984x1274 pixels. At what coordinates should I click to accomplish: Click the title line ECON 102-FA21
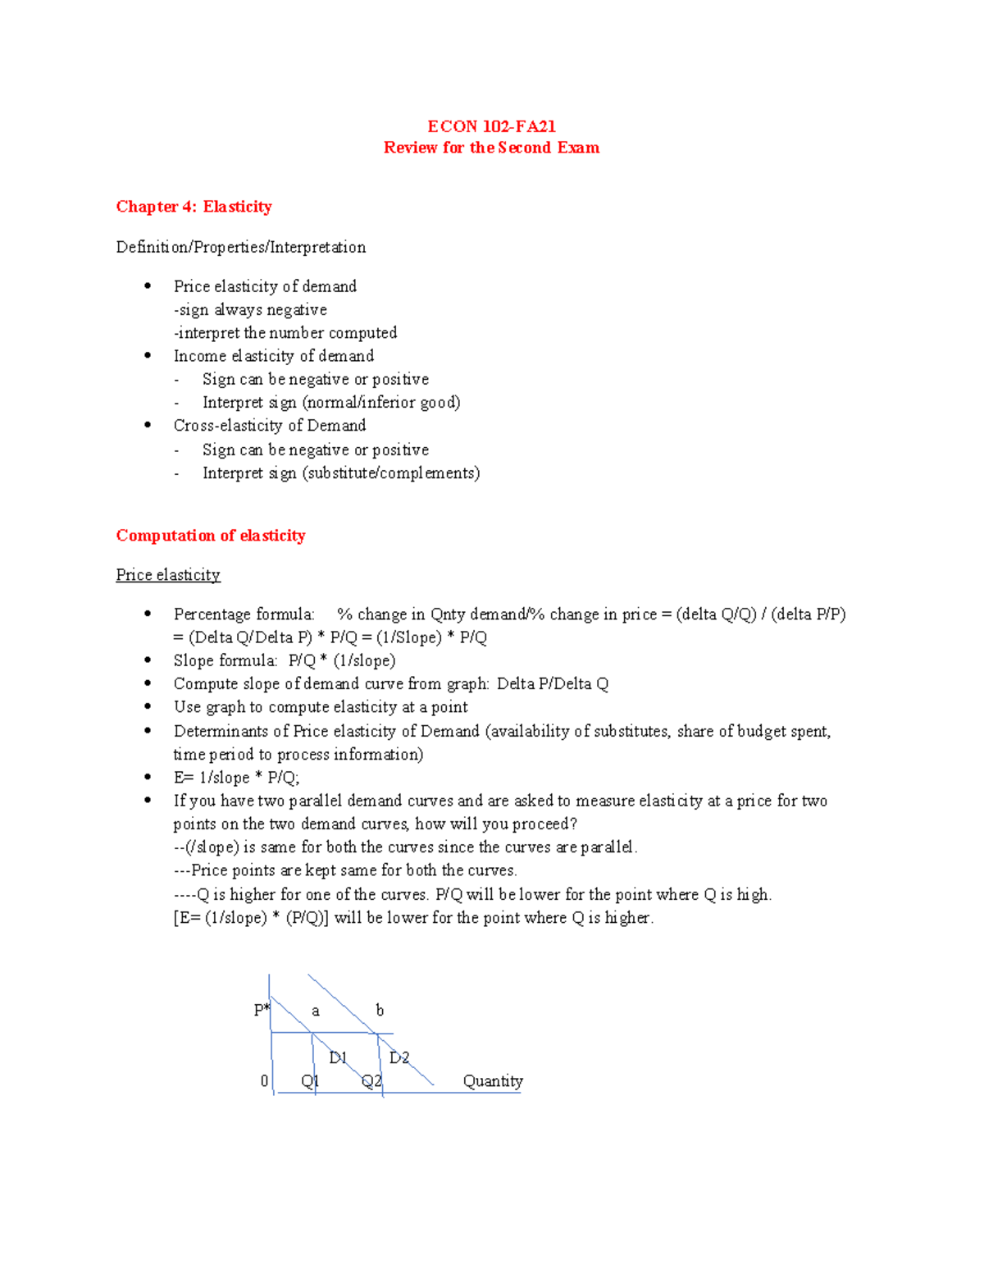pos(491,126)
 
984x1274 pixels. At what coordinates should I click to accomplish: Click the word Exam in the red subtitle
pos(578,148)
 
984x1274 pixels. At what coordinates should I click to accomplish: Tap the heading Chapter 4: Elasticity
pos(194,207)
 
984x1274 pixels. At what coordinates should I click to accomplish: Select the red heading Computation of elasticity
pos(211,536)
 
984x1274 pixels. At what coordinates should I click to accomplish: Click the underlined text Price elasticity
pos(168,575)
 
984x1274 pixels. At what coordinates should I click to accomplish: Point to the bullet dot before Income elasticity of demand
pos(148,355)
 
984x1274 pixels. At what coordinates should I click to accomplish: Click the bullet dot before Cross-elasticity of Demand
pos(148,425)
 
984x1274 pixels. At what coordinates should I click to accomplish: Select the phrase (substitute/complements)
pos(391,473)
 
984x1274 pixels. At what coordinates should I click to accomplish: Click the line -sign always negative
pos(250,310)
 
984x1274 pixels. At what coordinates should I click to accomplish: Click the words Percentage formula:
pos(244,614)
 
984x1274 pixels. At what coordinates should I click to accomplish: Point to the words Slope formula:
pos(225,660)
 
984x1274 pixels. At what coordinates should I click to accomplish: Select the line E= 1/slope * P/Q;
pos(236,778)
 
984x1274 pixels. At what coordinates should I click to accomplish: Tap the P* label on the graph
pos(262,1010)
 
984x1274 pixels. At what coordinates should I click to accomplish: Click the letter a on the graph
pos(316,1011)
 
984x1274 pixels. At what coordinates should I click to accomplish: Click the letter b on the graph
pos(380,1010)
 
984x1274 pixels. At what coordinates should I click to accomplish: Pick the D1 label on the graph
pos(338,1057)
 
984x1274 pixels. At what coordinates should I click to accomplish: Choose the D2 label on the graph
pos(399,1057)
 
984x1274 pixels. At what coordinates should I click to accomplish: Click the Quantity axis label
pos(492,1081)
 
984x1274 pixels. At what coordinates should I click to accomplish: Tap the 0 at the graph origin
pos(264,1081)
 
